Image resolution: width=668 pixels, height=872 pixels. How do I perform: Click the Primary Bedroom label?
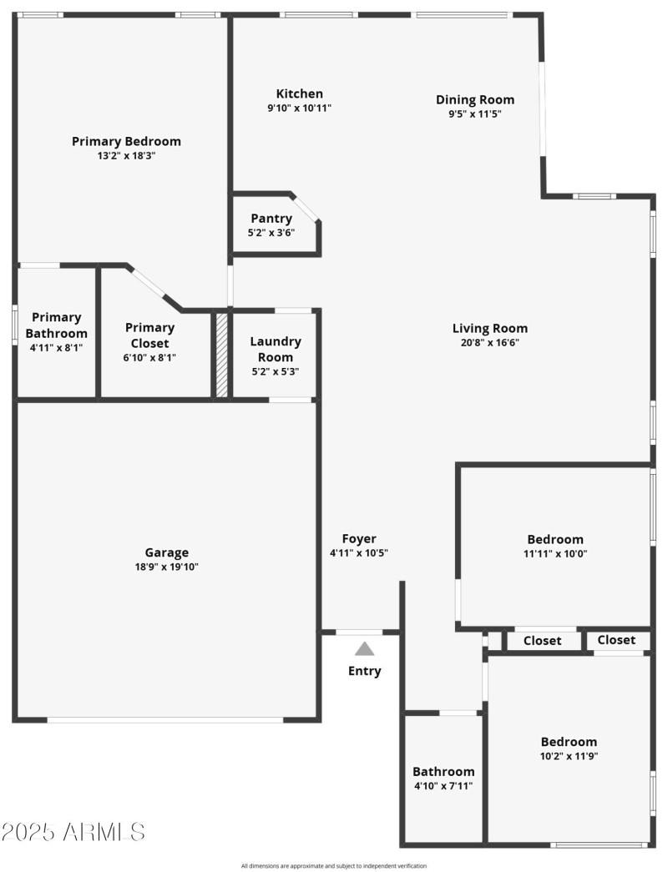coord(126,141)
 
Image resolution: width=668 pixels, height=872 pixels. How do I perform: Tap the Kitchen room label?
coord(299,93)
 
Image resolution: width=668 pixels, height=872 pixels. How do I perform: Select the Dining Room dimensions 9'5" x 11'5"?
coord(474,114)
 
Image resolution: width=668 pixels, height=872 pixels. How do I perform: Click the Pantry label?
coord(271,219)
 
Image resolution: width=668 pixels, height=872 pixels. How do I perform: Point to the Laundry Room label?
coord(276,349)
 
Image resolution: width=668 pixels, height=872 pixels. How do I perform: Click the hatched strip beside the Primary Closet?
coord(222,355)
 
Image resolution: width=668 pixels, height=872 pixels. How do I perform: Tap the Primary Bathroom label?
coord(57,325)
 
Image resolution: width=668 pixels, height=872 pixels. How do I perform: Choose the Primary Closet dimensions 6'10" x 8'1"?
coord(150,357)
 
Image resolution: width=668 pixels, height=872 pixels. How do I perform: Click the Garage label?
coord(167,552)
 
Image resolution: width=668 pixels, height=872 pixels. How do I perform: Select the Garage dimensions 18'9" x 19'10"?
coord(167,567)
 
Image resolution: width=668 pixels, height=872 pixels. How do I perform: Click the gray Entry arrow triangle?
coord(365,648)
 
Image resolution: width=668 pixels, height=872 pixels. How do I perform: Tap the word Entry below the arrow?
coord(365,671)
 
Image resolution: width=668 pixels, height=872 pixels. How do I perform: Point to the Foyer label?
coord(359,539)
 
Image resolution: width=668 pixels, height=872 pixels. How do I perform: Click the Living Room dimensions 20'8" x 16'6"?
coord(490,342)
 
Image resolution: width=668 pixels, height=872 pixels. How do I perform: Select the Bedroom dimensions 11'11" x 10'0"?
coord(555,553)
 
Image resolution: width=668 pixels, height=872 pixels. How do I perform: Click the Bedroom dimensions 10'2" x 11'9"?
coord(569,756)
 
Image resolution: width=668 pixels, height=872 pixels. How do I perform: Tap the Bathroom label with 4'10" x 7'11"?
coord(443,772)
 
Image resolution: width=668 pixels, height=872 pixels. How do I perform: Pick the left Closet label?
coord(543,641)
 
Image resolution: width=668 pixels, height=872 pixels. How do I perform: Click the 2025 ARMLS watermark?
coord(73,832)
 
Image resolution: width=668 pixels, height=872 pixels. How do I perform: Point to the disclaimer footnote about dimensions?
coord(334,866)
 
